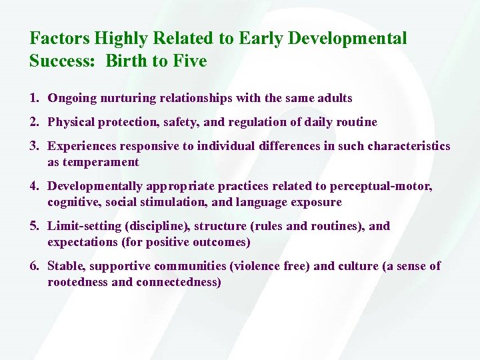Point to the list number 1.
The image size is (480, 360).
pos(33,98)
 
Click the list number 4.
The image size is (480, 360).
pos(33,186)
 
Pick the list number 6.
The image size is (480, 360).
pos(33,266)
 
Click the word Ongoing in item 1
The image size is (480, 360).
pos(73,98)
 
